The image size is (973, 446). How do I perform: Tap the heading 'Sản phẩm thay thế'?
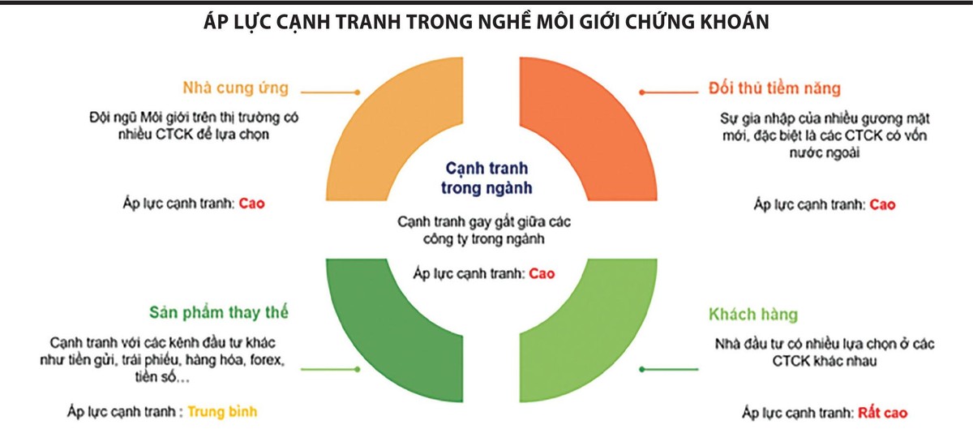219,312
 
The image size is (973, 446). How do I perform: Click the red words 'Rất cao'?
882,413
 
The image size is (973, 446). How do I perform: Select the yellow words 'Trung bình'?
222,411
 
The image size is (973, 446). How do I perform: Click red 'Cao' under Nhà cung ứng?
252,204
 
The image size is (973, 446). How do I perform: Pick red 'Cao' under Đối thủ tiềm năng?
882,204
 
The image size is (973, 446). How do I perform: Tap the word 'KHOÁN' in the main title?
723,24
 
